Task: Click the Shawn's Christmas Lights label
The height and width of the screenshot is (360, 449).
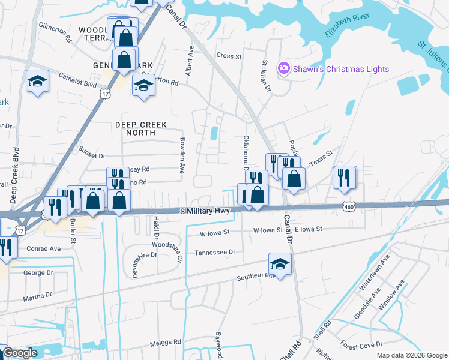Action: click(340, 69)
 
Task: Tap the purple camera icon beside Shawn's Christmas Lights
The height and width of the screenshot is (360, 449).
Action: click(283, 69)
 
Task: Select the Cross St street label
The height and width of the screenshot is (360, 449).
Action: click(229, 56)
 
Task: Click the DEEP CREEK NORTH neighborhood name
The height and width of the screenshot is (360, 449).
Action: click(140, 125)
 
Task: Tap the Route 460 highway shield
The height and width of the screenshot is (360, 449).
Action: click(348, 206)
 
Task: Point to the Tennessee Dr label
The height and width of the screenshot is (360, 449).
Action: click(214, 253)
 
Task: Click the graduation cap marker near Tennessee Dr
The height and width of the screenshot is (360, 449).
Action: click(280, 264)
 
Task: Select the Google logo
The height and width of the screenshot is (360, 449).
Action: click(20, 353)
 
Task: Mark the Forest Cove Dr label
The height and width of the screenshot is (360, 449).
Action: click(361, 344)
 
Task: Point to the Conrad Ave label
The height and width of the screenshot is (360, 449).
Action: click(44, 248)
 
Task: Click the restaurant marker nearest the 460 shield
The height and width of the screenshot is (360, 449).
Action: click(344, 177)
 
